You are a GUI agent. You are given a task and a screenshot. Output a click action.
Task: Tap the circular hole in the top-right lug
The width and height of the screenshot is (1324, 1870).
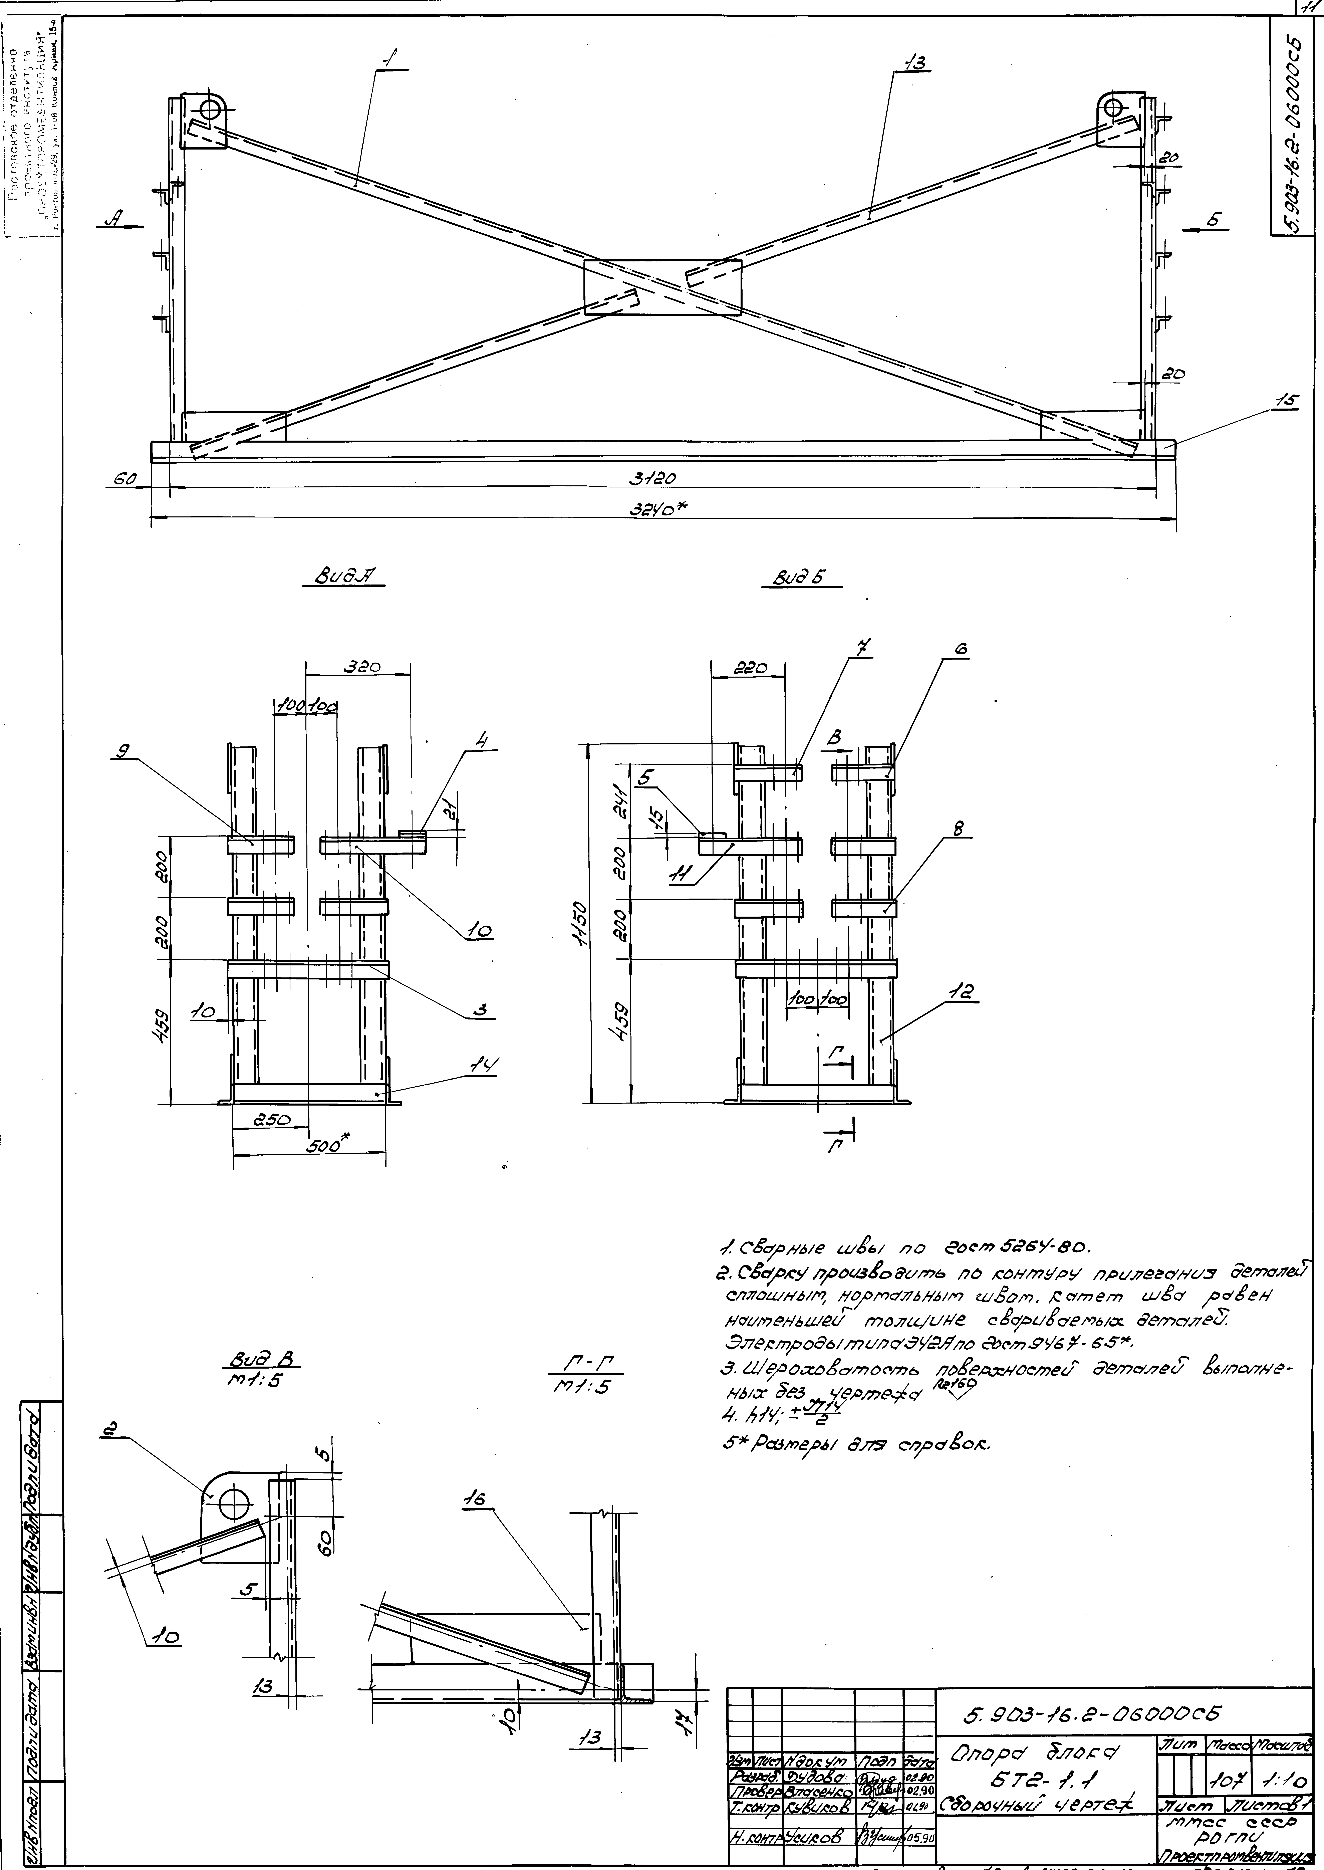1115,108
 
